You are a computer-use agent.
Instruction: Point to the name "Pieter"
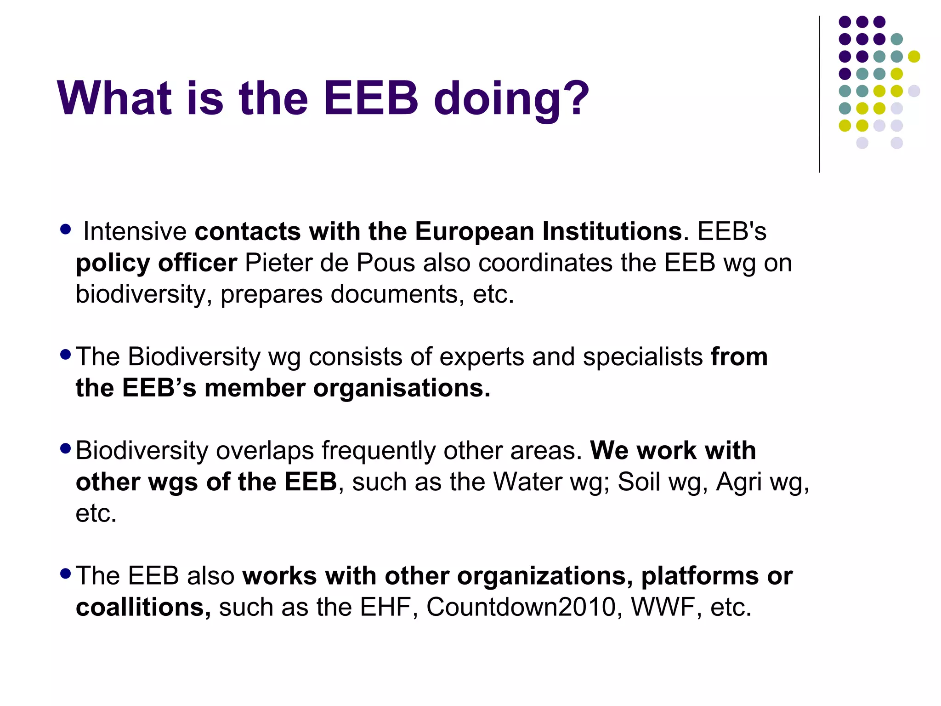point(278,263)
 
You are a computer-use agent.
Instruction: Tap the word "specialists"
point(643,356)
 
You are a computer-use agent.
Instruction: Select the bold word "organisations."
point(402,388)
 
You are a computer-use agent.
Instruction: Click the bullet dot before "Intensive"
point(66,229)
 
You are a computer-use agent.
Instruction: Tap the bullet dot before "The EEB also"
point(66,573)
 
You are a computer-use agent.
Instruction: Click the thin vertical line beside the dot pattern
point(819,94)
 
